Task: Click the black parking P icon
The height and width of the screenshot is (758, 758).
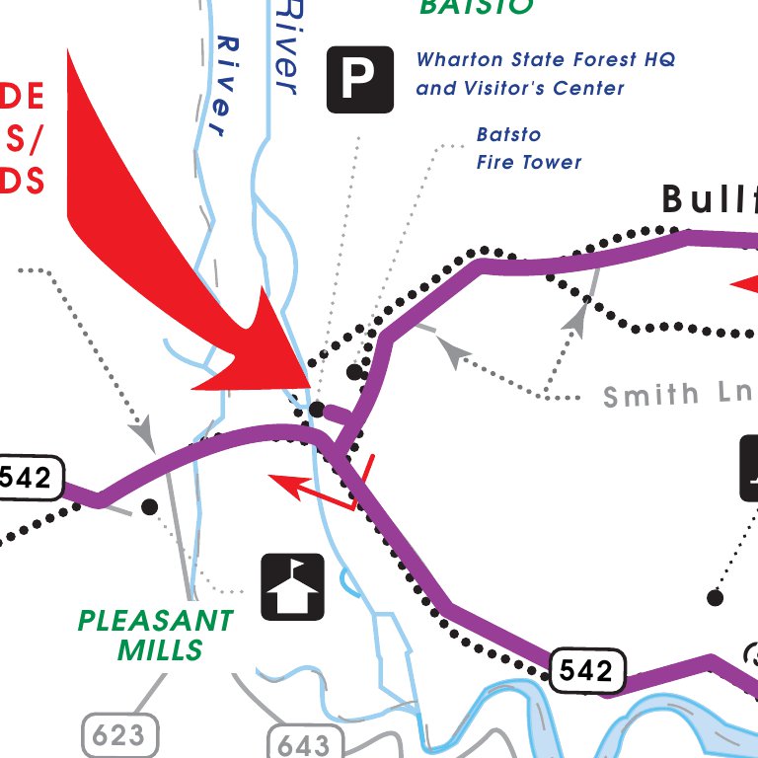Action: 360,79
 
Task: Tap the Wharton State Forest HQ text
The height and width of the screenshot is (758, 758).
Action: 546,59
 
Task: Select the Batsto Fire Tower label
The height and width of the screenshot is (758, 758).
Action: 529,148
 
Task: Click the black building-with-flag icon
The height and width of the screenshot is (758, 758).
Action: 293,587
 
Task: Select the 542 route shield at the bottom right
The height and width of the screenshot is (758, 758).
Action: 587,672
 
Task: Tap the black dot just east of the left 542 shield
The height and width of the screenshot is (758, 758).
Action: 149,506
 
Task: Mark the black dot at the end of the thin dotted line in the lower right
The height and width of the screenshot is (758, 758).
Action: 716,597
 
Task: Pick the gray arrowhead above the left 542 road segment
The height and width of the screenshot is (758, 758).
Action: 143,431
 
